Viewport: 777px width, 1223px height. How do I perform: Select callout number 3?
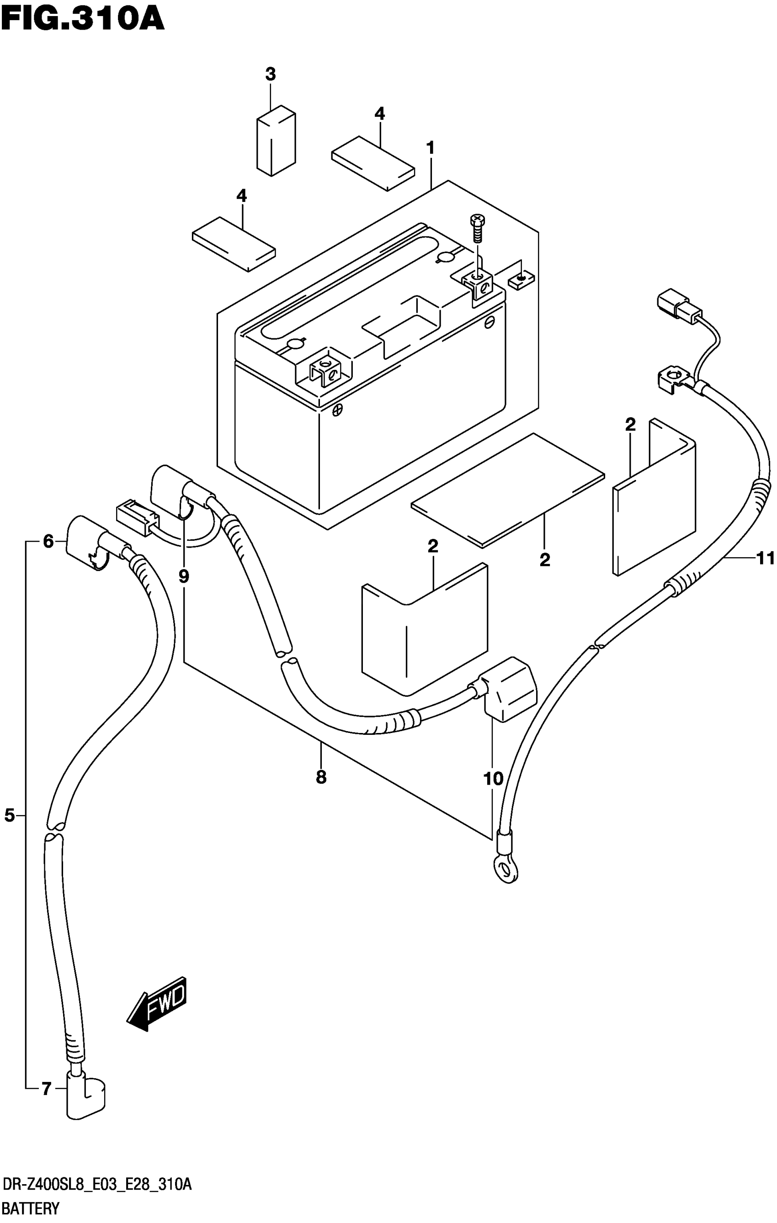270,74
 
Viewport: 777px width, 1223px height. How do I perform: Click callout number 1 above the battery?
431,148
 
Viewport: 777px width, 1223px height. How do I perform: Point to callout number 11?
765,558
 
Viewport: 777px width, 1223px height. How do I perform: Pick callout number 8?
321,777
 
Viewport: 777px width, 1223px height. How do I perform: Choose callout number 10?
493,778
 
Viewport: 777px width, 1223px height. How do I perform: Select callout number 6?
48,542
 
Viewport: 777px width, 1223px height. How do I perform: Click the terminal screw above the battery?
477,230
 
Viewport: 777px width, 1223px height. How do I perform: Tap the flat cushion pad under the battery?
508,490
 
